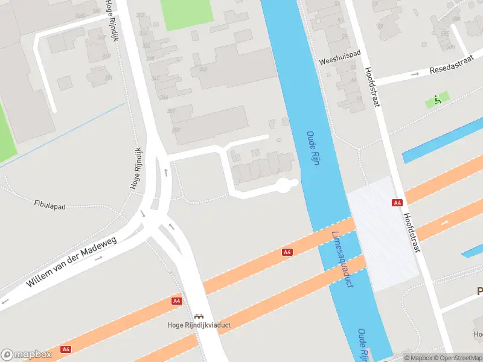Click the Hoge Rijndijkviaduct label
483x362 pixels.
tap(199, 326)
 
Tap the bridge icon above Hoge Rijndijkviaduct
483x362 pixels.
tap(199, 316)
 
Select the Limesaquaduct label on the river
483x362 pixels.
tap(342, 259)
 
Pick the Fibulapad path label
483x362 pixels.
tap(50, 206)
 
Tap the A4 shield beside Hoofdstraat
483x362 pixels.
tap(397, 203)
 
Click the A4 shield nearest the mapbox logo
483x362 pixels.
tap(66, 349)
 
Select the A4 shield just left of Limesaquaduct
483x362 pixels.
tap(287, 252)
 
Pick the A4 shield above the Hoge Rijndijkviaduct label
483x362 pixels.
tap(176, 300)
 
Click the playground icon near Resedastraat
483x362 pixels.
tap(438, 100)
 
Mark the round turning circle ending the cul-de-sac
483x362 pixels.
tap(283, 186)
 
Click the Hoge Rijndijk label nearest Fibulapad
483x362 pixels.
tap(136, 168)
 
